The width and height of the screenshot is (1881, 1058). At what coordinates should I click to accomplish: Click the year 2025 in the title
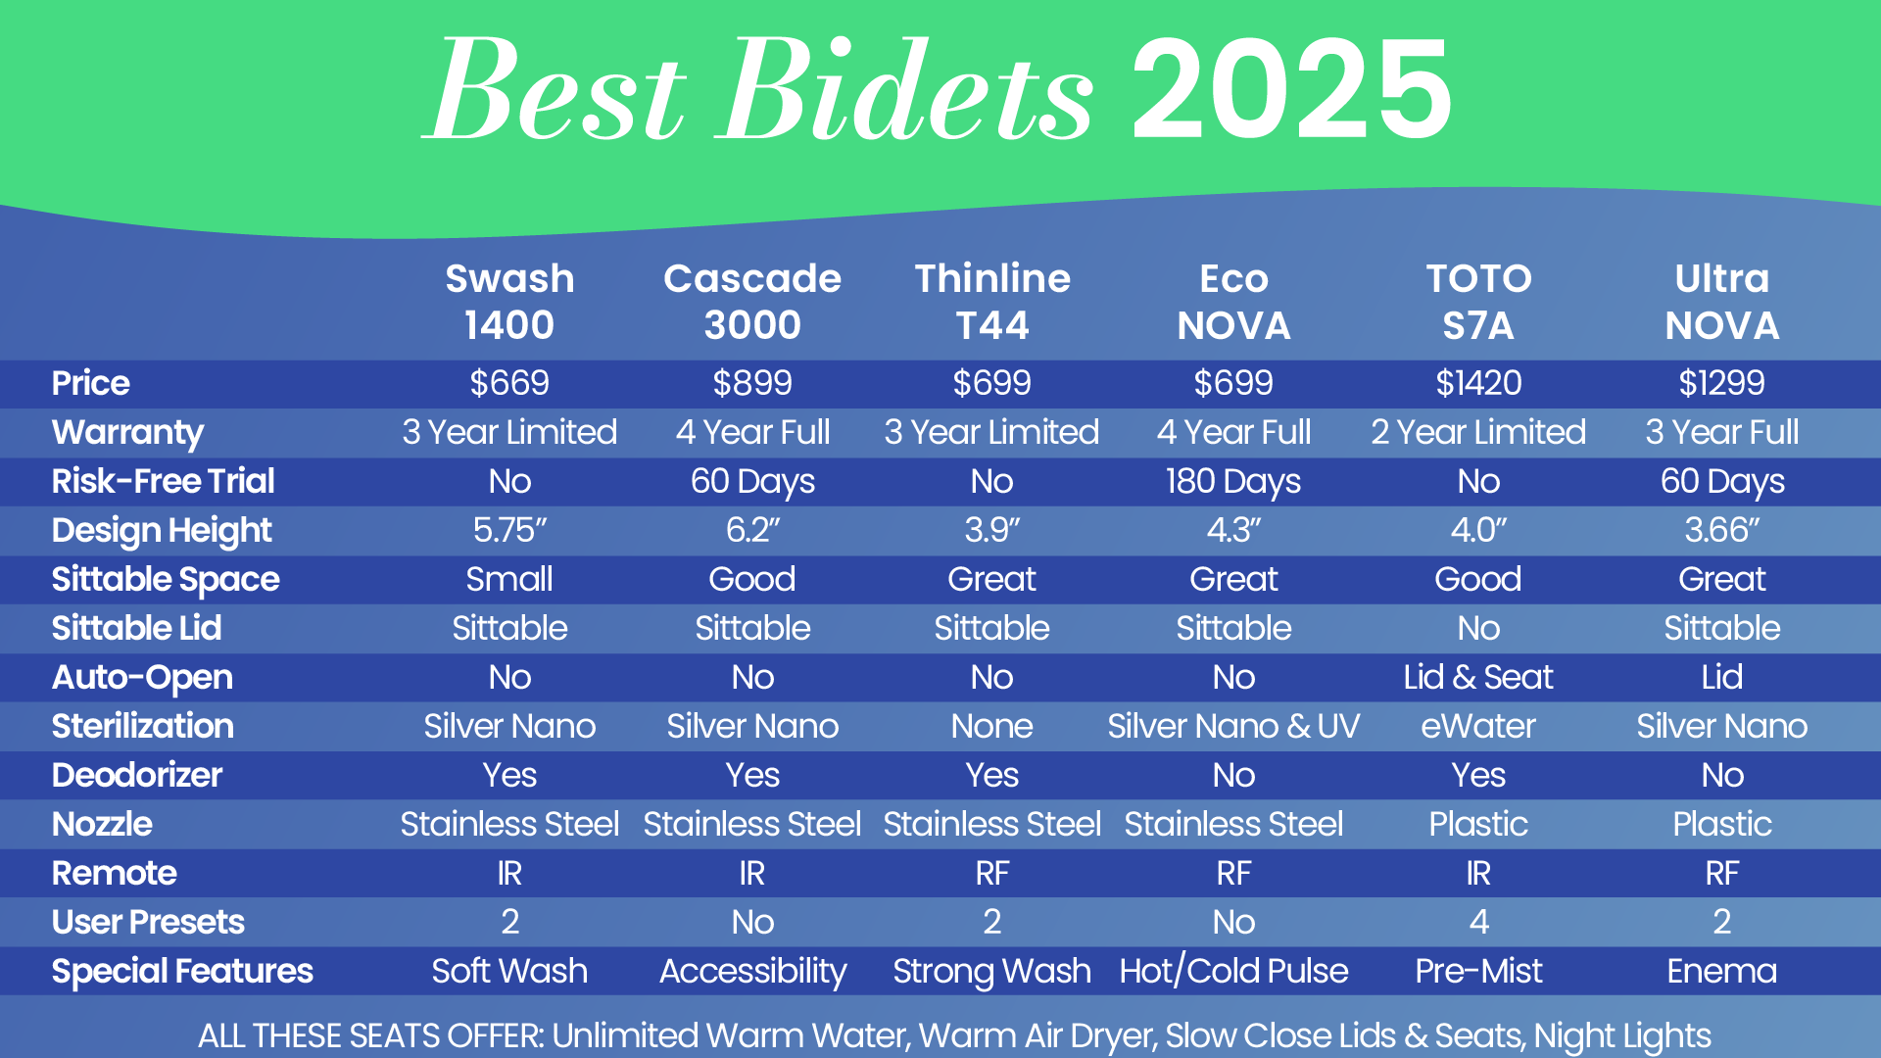click(x=1292, y=89)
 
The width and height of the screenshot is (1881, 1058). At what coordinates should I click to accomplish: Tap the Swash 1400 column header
click(x=509, y=302)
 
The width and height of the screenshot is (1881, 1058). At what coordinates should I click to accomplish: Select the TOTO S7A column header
click(x=1478, y=302)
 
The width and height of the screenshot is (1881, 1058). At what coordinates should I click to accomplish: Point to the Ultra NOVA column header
click(x=1722, y=302)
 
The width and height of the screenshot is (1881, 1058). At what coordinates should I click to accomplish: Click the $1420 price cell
click(x=1478, y=383)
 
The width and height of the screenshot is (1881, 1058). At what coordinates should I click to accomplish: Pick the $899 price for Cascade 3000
click(x=752, y=383)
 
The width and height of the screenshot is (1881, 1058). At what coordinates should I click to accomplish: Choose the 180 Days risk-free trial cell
click(x=1233, y=482)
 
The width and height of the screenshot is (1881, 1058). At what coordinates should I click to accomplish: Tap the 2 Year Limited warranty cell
click(x=1478, y=432)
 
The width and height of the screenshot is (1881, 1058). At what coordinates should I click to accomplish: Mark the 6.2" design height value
click(x=752, y=530)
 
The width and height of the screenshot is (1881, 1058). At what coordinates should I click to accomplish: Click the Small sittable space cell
click(x=509, y=579)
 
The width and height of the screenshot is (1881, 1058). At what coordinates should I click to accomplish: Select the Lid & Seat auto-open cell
click(x=1478, y=677)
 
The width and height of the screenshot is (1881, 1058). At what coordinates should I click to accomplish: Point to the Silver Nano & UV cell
click(x=1233, y=726)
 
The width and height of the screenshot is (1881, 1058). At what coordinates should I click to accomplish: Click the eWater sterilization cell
click(x=1478, y=726)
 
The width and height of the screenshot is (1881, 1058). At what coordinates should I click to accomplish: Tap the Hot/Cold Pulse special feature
click(x=1233, y=971)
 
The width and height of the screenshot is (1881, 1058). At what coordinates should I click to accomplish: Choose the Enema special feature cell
click(x=1722, y=971)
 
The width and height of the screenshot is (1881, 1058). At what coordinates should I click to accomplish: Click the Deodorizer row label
click(x=137, y=775)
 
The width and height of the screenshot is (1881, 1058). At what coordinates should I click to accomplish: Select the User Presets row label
click(x=148, y=922)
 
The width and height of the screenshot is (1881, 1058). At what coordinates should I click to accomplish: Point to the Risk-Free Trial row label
click(x=163, y=481)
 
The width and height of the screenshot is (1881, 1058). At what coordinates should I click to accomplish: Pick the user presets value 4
click(x=1478, y=922)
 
